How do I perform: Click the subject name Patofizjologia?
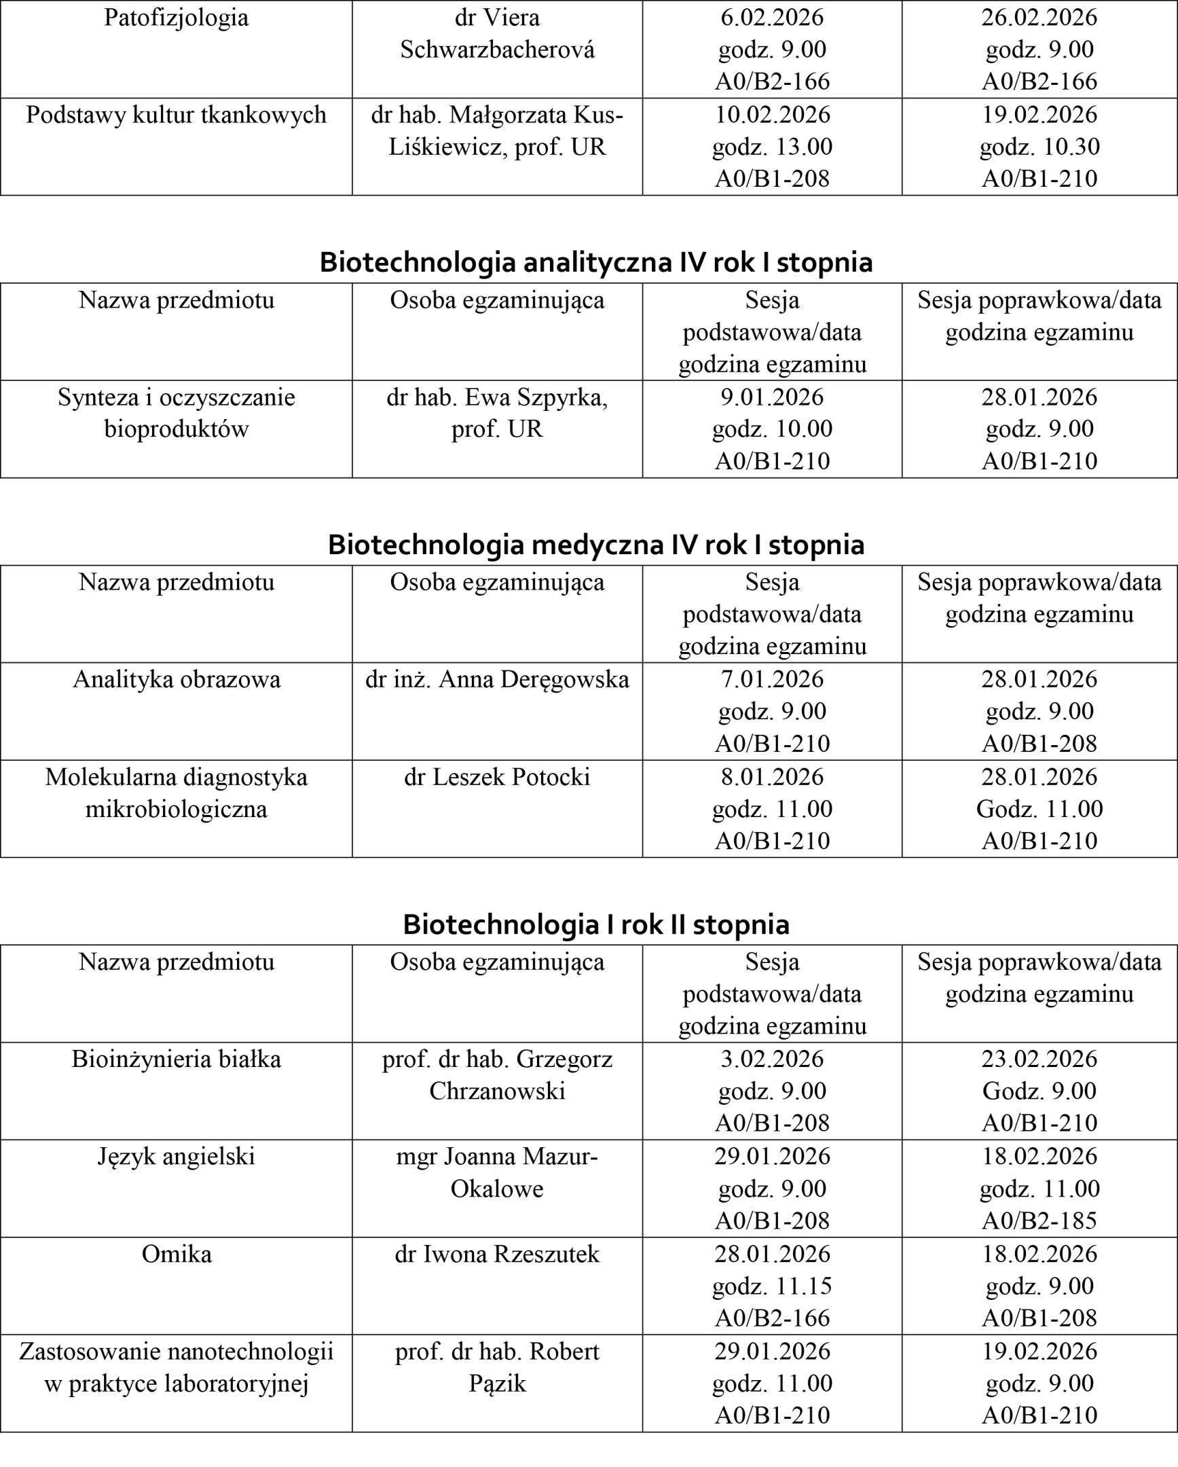pos(176,18)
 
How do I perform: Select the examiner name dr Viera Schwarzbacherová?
pos(497,33)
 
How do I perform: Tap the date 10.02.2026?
pos(772,114)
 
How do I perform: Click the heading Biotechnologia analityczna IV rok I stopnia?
pos(596,262)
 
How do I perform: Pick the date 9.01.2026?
pos(772,397)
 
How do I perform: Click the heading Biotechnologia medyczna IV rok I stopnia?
pos(596,544)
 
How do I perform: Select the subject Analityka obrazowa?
pos(176,680)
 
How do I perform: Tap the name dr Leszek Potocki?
pos(497,777)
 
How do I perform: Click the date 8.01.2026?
pos(772,777)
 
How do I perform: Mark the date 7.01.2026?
pos(772,679)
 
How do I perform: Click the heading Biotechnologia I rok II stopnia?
pos(596,924)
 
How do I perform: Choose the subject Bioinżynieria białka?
pos(176,1059)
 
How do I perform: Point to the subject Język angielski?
pos(176,1157)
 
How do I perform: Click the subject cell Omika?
pos(176,1254)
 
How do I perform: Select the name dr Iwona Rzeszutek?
pos(497,1254)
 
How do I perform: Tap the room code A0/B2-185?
pos(1039,1220)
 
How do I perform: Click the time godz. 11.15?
pos(772,1286)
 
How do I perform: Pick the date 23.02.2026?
pos(1039,1059)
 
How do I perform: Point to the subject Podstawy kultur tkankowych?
pos(176,115)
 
